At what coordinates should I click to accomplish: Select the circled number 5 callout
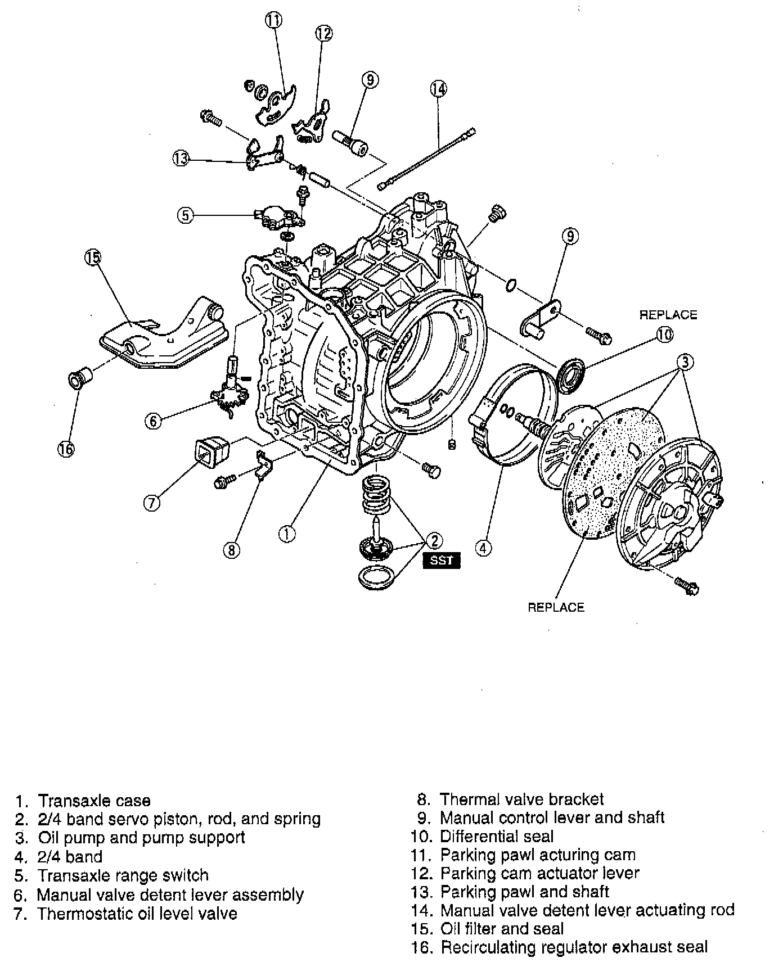[186, 214]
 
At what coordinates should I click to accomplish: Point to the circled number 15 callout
[93, 258]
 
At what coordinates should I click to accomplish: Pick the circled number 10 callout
[664, 335]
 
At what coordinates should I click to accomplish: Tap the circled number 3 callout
[685, 362]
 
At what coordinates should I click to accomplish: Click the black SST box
[442, 561]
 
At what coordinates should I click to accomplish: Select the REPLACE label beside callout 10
[668, 315]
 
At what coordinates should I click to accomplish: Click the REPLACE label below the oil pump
[556, 607]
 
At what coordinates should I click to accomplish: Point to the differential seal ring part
[571, 373]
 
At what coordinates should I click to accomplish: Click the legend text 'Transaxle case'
[94, 801]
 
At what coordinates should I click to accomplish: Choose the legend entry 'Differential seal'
[497, 837]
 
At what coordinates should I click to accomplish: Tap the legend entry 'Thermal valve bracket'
[521, 799]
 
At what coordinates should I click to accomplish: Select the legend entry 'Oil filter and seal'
[502, 929]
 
